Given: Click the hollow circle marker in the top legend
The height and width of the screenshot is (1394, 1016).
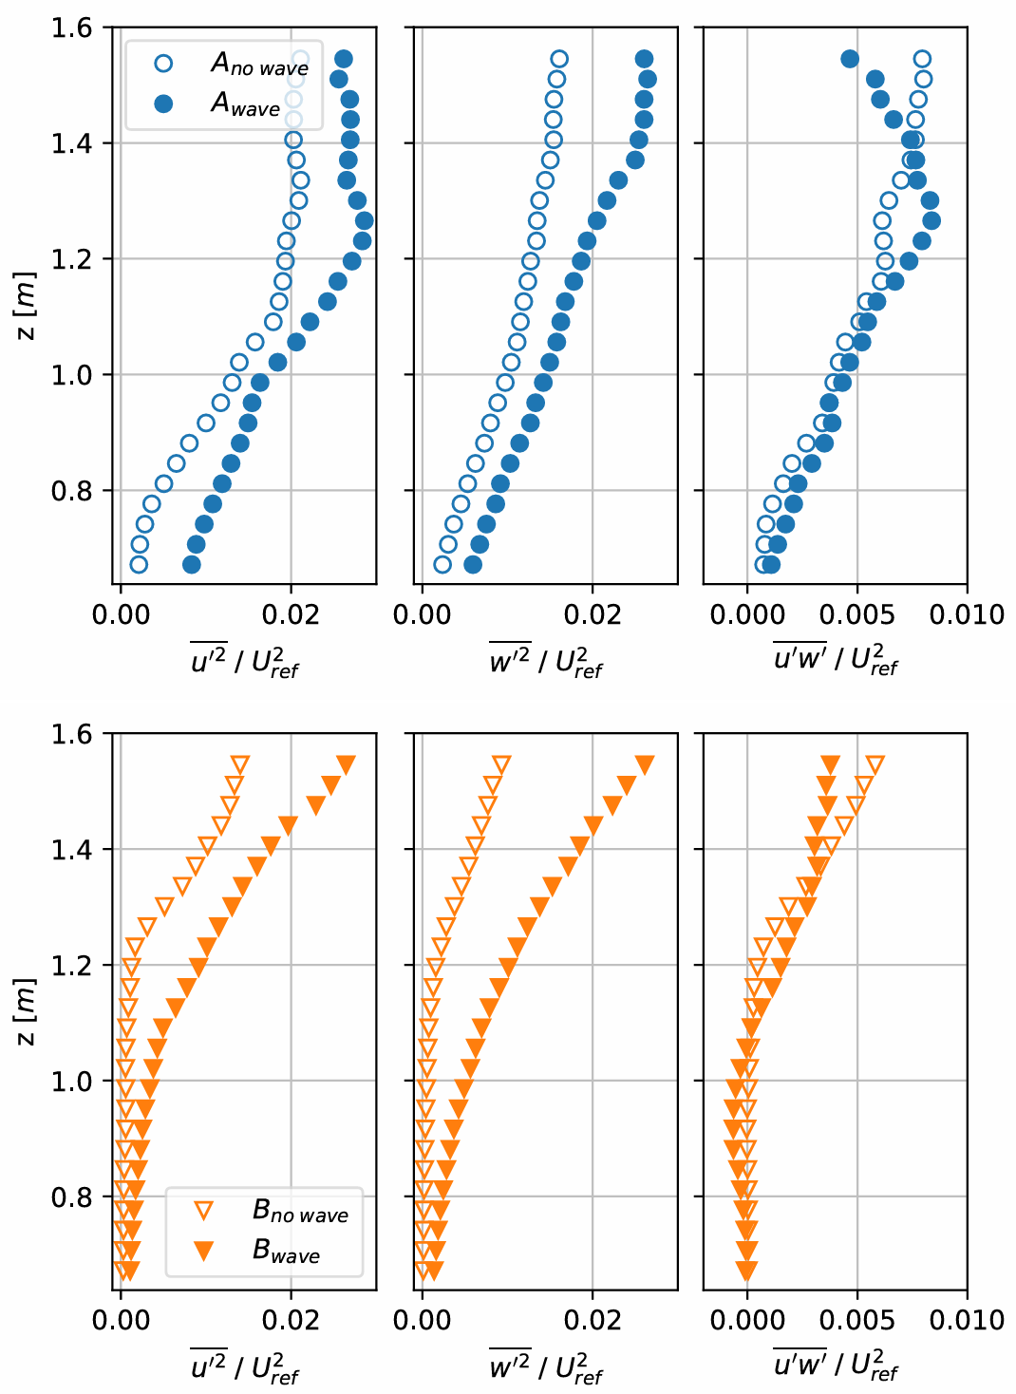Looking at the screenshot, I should click(163, 64).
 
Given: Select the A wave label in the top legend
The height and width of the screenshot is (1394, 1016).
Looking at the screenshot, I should click(245, 104).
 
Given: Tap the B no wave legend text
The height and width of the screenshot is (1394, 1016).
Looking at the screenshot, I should click(300, 1212).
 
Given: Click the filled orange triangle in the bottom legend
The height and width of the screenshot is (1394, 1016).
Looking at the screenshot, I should click(203, 1252).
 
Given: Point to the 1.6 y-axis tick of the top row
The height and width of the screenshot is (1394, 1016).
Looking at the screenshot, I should click(71, 28).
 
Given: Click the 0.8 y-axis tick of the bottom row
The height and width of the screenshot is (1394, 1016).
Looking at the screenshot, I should click(71, 1196).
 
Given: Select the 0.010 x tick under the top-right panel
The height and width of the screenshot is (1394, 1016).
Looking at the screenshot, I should click(968, 614).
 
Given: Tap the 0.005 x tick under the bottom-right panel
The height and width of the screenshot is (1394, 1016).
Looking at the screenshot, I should click(857, 1320).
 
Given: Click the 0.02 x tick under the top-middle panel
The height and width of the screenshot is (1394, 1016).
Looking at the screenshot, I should click(593, 614).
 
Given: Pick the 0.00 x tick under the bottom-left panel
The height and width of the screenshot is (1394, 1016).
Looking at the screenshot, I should click(121, 1320).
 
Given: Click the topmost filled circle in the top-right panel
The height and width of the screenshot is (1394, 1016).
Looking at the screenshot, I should click(850, 59).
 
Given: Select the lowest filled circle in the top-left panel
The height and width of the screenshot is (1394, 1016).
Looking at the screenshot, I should click(192, 565).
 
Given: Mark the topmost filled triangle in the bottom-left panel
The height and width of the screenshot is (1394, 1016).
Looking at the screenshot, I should click(347, 764).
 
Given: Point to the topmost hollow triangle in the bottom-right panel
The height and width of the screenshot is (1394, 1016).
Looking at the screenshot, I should click(875, 764).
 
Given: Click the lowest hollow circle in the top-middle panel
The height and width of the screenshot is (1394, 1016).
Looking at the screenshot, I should click(442, 565).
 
